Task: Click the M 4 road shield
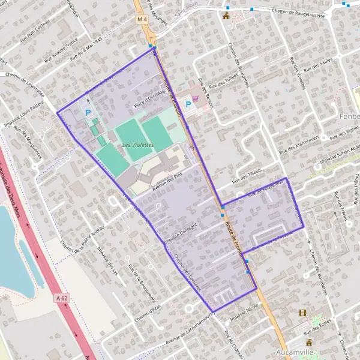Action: click(142, 19)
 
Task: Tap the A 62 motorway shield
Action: click(61, 298)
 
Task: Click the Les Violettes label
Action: click(137, 145)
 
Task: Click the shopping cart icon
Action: click(196, 101)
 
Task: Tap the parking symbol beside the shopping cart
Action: click(188, 104)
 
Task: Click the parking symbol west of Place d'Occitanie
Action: click(89, 112)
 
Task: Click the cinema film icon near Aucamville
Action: click(302, 313)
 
